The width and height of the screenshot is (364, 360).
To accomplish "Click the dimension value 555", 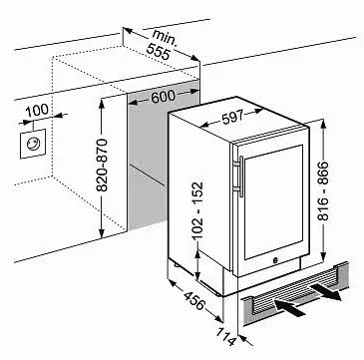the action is [x=159, y=52].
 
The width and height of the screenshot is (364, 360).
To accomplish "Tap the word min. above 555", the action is [x=165, y=37].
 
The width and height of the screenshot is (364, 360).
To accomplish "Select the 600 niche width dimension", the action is [x=163, y=97].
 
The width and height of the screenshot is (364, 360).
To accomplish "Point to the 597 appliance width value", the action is [x=232, y=117].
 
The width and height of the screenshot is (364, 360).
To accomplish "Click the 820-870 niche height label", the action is [x=103, y=166].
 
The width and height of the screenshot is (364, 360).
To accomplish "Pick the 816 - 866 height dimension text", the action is [x=322, y=190].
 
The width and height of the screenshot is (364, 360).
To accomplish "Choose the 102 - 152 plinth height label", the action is [x=197, y=210].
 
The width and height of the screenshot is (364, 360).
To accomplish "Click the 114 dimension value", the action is [x=228, y=337].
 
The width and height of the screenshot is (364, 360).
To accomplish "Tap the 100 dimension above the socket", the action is [x=37, y=111].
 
